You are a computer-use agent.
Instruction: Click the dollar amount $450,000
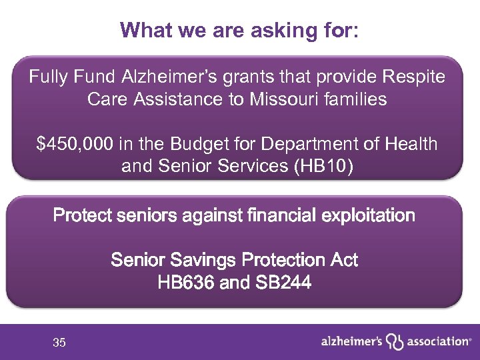click(75, 143)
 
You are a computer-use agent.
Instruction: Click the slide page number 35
click(59, 343)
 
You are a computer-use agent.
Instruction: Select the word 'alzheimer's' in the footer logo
click(351, 341)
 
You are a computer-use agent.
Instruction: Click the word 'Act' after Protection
click(343, 259)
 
